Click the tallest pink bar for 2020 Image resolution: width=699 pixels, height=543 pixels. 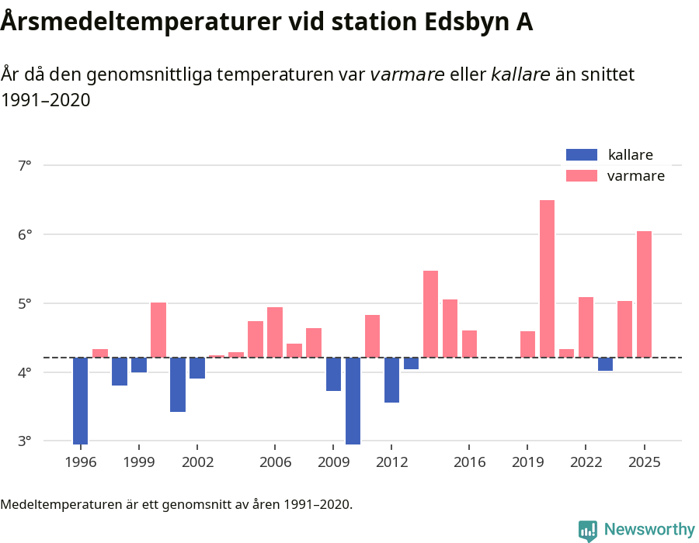point(547,278)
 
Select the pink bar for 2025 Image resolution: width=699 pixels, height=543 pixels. point(644,294)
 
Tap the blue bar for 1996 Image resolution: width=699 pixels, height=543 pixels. point(81,400)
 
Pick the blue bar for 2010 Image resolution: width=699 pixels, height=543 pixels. point(353,400)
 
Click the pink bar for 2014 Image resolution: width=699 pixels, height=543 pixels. point(430,314)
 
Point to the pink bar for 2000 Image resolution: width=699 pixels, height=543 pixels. point(158,330)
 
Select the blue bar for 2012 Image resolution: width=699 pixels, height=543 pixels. point(391,380)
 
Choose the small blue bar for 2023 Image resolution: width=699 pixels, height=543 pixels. point(605,364)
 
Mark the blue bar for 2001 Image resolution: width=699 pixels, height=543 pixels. point(178,385)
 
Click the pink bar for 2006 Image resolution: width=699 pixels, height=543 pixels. point(275,332)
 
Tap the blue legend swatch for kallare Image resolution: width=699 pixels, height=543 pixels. point(582,154)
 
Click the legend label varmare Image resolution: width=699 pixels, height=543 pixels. point(635,176)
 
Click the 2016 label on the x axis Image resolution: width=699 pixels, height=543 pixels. point(469,462)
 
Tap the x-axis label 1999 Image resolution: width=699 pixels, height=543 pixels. point(139,462)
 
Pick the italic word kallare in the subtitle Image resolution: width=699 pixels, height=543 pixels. point(520,74)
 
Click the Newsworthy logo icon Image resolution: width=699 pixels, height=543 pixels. point(588,530)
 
